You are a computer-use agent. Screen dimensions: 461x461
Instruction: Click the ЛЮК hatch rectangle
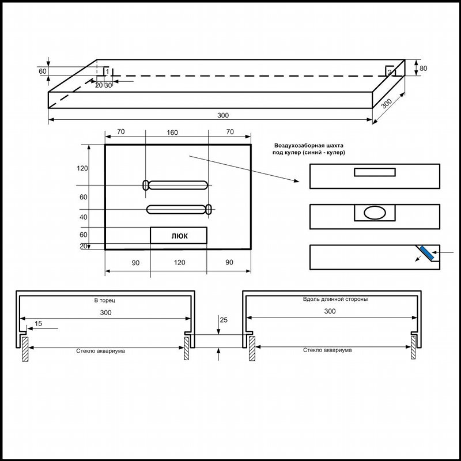coord(179,235)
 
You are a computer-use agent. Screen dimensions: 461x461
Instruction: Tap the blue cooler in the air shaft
coord(426,253)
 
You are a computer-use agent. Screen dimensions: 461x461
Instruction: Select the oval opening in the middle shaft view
coord(375,213)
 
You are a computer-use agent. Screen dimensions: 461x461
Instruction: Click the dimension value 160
coord(172,133)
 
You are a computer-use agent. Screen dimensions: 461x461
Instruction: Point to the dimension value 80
coord(423,68)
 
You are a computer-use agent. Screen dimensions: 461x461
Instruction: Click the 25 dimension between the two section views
coord(224,320)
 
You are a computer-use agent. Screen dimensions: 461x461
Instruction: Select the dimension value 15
coord(38,323)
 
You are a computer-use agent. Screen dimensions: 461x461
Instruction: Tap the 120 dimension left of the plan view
coord(82,168)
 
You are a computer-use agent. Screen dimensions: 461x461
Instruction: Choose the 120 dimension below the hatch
coord(179,262)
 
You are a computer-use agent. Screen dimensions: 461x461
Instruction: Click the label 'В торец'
coord(105,300)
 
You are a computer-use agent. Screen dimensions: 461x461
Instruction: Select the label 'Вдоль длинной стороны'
coord(335,299)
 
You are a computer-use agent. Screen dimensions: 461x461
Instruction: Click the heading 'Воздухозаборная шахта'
coord(309,145)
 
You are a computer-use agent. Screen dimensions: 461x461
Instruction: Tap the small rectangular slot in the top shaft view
coord(375,172)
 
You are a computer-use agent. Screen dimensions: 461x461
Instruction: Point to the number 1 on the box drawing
coord(107,71)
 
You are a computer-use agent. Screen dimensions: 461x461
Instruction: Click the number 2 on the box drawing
coord(390,71)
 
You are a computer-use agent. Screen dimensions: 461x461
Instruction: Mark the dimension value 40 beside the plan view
coord(84,217)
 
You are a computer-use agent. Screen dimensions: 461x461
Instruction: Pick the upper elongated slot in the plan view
coord(176,185)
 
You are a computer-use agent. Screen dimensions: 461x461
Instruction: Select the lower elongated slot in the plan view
coord(179,209)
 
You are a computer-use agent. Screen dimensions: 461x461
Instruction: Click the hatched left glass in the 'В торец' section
coord(25,349)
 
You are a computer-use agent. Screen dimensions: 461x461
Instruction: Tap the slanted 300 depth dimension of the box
coord(387,104)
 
